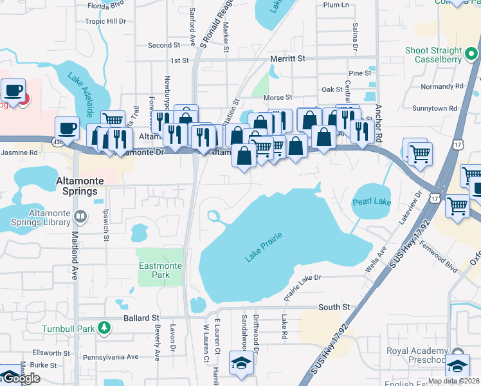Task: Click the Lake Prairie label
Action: pyautogui.click(x=263, y=248)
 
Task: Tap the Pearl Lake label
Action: pyautogui.click(x=372, y=202)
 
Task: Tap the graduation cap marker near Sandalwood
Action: pyautogui.click(x=241, y=363)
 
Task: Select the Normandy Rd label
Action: pyautogui.click(x=442, y=86)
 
